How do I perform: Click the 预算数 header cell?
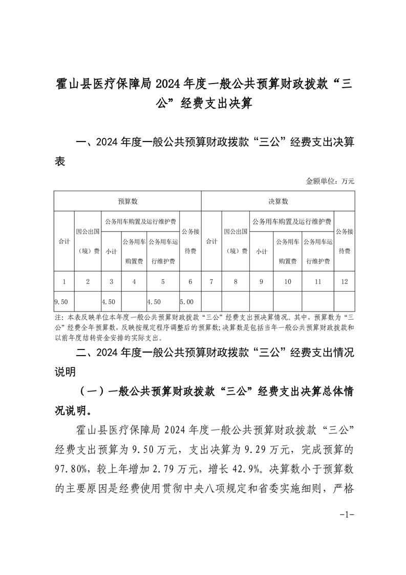(127, 201)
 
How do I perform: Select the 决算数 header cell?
(278, 201)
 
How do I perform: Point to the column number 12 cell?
(345, 281)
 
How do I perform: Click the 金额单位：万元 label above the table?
(330, 181)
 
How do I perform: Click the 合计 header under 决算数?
(211, 241)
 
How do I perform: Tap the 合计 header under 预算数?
(64, 241)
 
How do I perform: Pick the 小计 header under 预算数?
(111, 251)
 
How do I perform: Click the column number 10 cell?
(287, 281)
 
